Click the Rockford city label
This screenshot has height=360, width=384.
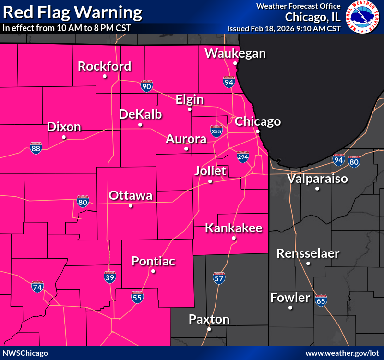click(105, 66)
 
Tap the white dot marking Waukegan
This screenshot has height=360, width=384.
click(235, 63)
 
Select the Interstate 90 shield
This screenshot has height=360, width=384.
click(147, 86)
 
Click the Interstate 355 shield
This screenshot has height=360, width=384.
click(216, 132)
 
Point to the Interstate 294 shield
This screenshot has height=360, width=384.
click(243, 156)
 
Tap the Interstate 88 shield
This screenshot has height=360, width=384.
click(36, 148)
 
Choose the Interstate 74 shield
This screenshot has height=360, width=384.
click(36, 287)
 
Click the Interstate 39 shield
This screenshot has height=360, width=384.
click(110, 277)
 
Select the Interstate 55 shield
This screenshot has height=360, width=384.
click(137, 297)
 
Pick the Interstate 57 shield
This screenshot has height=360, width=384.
click(219, 278)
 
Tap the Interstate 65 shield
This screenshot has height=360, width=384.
click(321, 301)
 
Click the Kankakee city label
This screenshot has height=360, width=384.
click(234, 228)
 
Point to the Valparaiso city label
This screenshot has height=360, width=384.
click(317, 179)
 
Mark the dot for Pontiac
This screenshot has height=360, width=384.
click(153, 271)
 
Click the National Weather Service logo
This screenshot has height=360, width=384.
click(363, 17)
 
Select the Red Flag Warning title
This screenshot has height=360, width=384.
click(72, 12)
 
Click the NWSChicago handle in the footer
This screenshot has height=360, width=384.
click(25, 353)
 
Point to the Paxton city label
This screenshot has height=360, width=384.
click(209, 319)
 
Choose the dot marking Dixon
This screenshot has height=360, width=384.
click(64, 137)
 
